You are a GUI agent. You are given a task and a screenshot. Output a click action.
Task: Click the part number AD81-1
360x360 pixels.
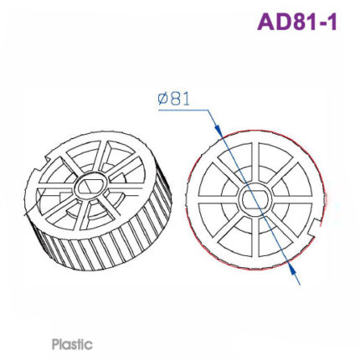tap(297, 22)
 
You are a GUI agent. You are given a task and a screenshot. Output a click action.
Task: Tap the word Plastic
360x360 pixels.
tap(72, 343)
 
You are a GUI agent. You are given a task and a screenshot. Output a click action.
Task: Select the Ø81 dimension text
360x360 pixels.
tap(174, 98)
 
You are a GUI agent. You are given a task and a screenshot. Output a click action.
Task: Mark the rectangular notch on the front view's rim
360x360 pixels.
tap(316, 225)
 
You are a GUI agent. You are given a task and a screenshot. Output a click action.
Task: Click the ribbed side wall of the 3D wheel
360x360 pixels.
tap(100, 251)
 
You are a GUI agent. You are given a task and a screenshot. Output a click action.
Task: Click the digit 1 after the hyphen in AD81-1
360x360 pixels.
tap(332, 22)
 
